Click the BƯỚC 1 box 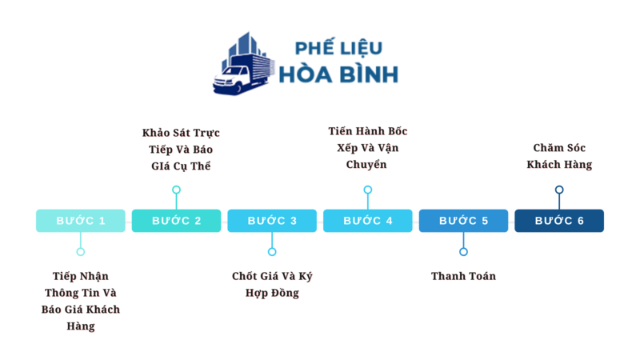pyautogui.click(x=80, y=221)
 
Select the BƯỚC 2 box pyautogui.click(x=176, y=221)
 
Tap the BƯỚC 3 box pyautogui.click(x=272, y=221)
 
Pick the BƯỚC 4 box pyautogui.click(x=368, y=221)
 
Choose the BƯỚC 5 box pyautogui.click(x=463, y=221)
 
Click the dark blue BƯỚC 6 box pyautogui.click(x=559, y=221)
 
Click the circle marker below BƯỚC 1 pyautogui.click(x=80, y=251)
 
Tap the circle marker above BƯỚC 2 pyautogui.click(x=176, y=190)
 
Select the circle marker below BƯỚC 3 pyautogui.click(x=272, y=251)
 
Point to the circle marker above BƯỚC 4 pyautogui.click(x=368, y=190)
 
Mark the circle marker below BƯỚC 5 pyautogui.click(x=463, y=251)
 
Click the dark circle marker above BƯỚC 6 pyautogui.click(x=559, y=190)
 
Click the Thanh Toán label pyautogui.click(x=463, y=276)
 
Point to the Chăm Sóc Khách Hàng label pyautogui.click(x=559, y=156)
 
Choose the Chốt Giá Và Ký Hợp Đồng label pyautogui.click(x=272, y=284)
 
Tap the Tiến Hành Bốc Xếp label pyautogui.click(x=368, y=148)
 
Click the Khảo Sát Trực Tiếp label pyautogui.click(x=182, y=150)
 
